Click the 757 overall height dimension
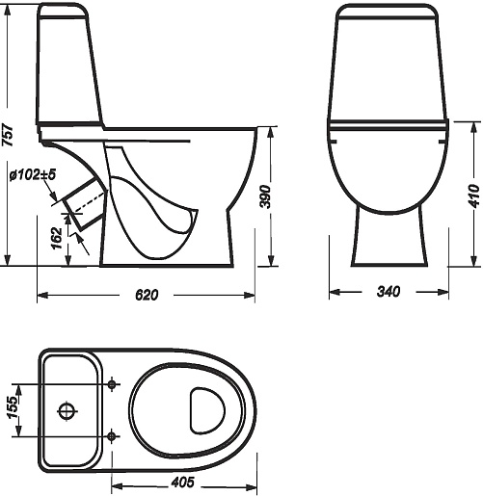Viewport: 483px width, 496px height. click(x=8, y=135)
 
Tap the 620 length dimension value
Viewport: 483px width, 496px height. click(x=147, y=295)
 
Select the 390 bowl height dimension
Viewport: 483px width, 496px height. click(x=265, y=196)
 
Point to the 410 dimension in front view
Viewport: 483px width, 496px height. click(x=476, y=196)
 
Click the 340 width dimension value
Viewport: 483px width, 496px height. click(x=389, y=292)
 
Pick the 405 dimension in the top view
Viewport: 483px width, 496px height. click(x=182, y=483)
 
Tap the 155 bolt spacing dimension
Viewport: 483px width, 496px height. click(x=13, y=407)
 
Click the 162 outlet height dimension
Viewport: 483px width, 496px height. click(x=57, y=238)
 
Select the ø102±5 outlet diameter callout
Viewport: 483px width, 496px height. click(x=33, y=174)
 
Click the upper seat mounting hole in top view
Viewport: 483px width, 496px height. click(x=112, y=383)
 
